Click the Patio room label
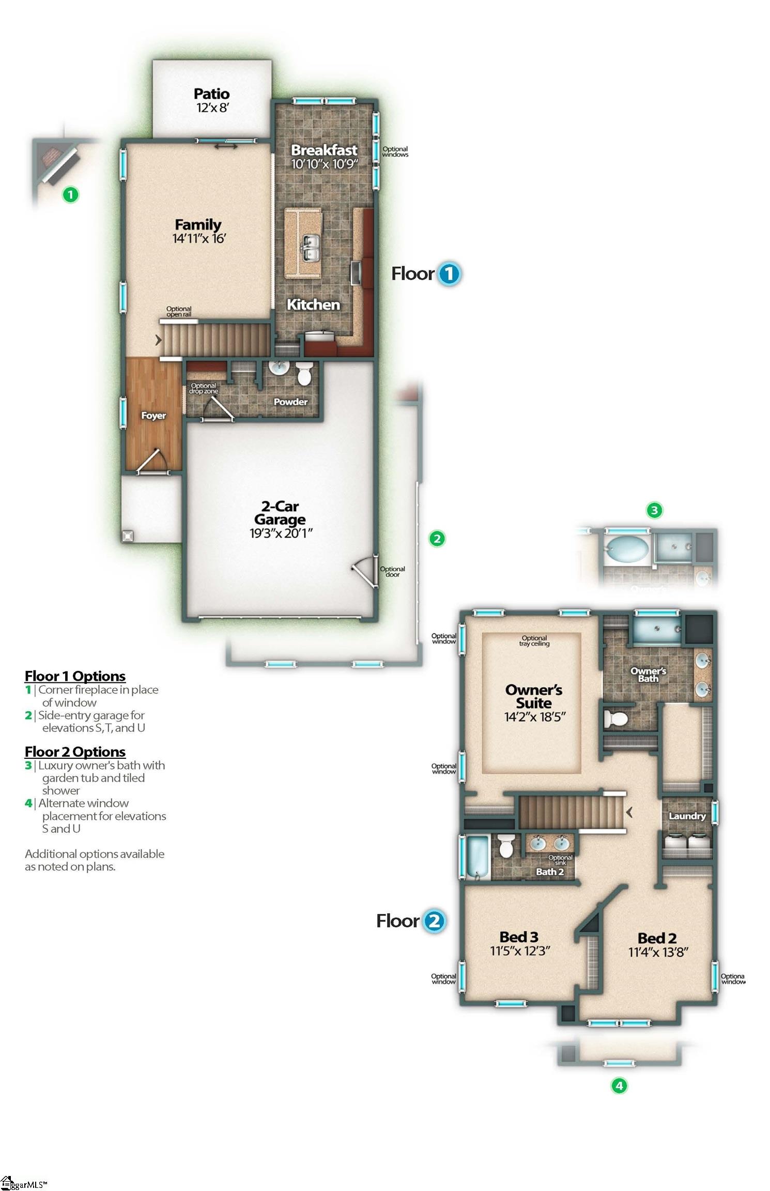point(212,94)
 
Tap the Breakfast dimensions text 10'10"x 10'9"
point(324,164)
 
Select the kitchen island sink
point(310,249)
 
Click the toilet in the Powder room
point(304,373)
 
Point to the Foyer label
point(153,416)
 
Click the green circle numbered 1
point(70,195)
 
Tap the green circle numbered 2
point(437,539)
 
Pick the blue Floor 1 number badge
point(449,273)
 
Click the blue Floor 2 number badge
point(434,921)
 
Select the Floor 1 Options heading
point(75,676)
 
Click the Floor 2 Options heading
point(75,752)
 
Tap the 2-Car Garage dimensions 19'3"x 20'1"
point(281,533)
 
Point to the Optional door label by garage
point(392,572)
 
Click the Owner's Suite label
point(534,696)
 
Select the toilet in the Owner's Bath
point(616,719)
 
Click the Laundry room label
point(687,816)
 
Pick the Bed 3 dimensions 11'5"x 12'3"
point(519,951)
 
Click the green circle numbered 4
point(619,1086)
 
